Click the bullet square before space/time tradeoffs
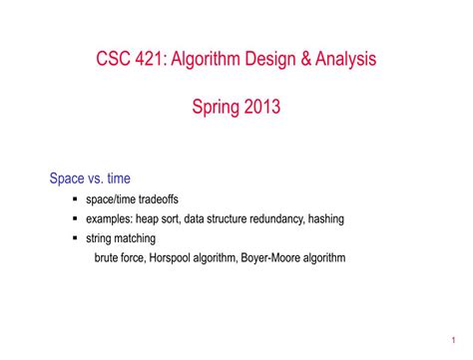[x=76, y=200]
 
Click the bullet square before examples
[x=76, y=219]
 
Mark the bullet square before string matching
[x=76, y=238]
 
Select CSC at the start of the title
[x=113, y=59]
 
